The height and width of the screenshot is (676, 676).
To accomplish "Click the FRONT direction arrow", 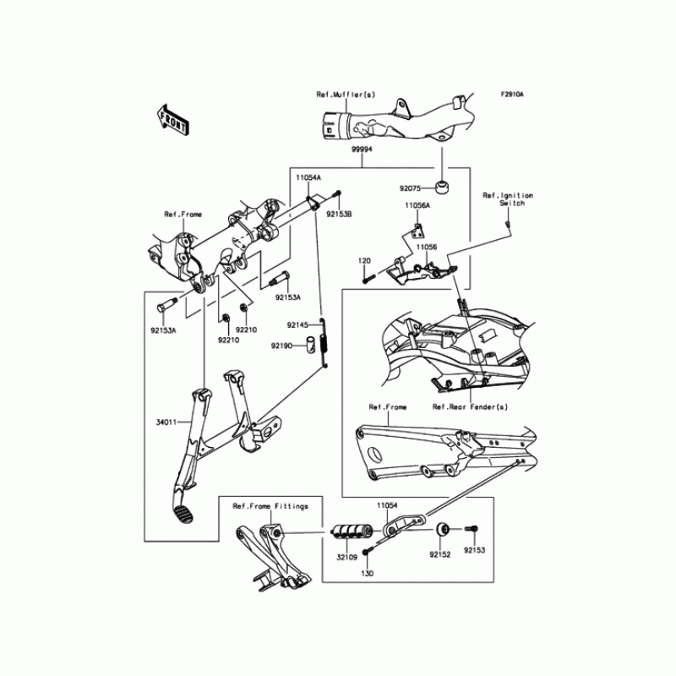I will click(x=172, y=120).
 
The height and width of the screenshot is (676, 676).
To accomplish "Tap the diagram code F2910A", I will click(x=511, y=95).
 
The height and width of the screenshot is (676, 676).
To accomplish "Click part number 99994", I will click(x=363, y=149).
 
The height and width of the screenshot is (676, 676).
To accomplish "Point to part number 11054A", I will click(x=307, y=179).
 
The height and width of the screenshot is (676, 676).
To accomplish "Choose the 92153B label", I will click(x=340, y=215).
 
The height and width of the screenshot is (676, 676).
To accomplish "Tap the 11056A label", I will click(x=417, y=205).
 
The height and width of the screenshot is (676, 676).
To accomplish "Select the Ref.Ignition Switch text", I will click(x=508, y=199).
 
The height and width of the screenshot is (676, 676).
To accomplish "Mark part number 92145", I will click(x=297, y=324).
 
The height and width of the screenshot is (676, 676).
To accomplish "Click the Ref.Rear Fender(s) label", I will click(x=470, y=406).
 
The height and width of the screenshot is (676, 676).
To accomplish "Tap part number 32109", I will click(x=347, y=558).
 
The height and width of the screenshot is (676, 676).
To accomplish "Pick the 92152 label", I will click(x=439, y=555).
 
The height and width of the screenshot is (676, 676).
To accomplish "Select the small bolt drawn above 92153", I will click(x=472, y=532).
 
